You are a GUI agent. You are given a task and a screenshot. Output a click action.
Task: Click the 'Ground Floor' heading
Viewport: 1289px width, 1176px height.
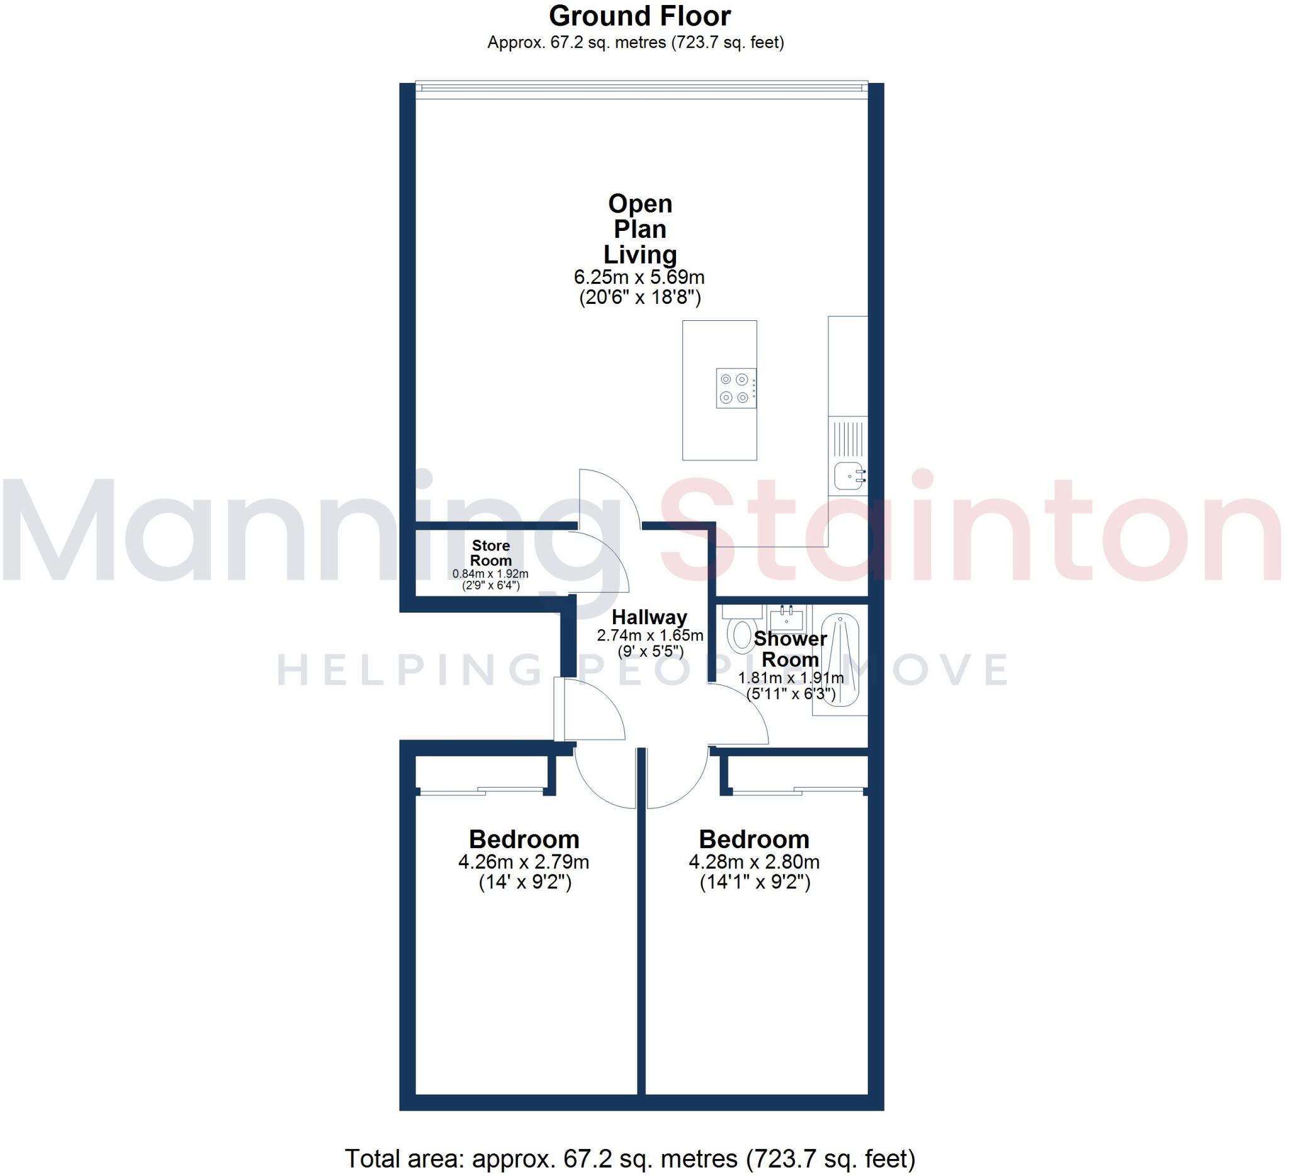tap(639, 16)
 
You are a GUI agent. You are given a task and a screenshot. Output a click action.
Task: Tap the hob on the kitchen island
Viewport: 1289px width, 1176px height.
tap(735, 388)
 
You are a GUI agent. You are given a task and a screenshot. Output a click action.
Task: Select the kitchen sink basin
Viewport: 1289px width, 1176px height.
tap(848, 476)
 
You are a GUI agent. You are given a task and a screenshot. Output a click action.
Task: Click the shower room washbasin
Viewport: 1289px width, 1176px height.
tap(787, 619)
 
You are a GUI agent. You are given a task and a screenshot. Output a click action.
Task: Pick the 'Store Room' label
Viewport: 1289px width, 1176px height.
tap(490, 553)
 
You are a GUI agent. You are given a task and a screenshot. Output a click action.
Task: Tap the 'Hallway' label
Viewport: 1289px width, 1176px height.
tap(649, 617)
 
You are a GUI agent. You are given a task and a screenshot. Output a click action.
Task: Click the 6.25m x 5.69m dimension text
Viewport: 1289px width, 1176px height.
tap(639, 277)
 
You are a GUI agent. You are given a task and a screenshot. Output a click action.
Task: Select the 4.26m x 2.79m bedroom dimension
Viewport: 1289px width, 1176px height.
tap(523, 862)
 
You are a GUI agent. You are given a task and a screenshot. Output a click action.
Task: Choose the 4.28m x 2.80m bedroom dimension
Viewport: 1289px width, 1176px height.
tap(754, 862)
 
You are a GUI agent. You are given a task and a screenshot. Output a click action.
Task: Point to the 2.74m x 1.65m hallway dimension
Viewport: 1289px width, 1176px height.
tap(650, 636)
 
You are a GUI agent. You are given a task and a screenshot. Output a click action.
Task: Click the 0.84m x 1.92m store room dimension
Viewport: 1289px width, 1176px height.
tap(490, 574)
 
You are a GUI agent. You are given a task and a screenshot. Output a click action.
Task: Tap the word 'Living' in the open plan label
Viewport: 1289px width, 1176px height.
tap(640, 254)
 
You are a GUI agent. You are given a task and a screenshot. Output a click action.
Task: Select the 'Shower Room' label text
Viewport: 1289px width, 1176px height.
tap(791, 649)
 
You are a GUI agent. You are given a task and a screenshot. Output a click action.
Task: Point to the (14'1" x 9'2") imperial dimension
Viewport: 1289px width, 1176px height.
tap(755, 883)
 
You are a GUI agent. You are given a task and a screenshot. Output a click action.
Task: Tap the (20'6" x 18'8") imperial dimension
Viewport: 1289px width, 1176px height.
tap(639, 297)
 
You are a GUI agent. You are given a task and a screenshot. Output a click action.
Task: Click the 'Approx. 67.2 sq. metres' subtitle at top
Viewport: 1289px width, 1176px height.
tap(636, 43)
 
